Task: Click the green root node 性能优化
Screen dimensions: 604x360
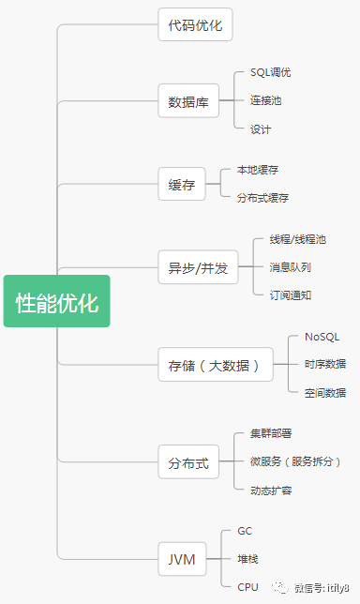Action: (57, 301)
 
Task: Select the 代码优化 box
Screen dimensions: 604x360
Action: (194, 24)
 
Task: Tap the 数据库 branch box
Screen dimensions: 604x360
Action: (187, 100)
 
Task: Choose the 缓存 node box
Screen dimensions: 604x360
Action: (182, 184)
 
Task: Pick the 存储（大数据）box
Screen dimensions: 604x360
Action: (215, 364)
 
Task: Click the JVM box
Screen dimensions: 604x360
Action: (182, 560)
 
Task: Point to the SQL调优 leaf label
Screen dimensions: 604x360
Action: (271, 72)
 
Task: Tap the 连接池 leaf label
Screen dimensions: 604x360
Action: (267, 100)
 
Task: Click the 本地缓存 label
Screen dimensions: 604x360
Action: (258, 170)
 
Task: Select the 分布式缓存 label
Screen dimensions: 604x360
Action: (263, 198)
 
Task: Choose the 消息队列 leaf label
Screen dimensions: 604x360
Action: (291, 267)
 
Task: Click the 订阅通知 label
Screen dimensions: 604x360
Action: (291, 294)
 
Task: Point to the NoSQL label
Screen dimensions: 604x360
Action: (322, 337)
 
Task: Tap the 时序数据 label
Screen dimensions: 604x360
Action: (324, 364)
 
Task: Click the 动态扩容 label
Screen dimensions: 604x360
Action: (271, 490)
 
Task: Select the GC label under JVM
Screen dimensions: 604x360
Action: (245, 532)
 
